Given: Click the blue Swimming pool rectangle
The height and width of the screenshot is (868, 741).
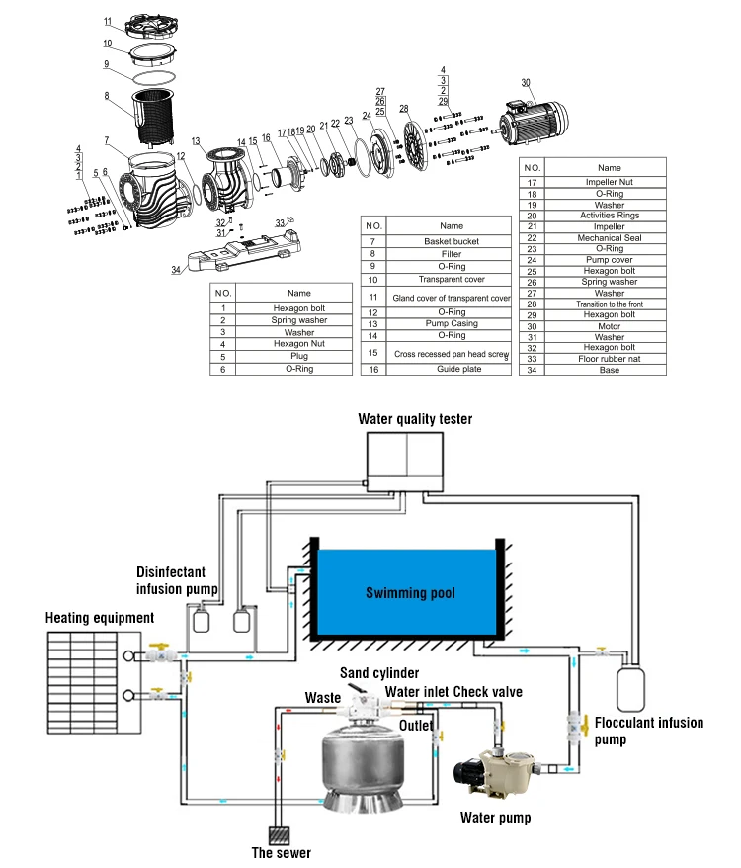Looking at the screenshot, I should [x=404, y=592].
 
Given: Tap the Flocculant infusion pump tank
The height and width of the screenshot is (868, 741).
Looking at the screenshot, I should [x=630, y=689].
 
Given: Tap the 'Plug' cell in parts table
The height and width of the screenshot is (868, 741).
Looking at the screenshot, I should [x=298, y=357].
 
